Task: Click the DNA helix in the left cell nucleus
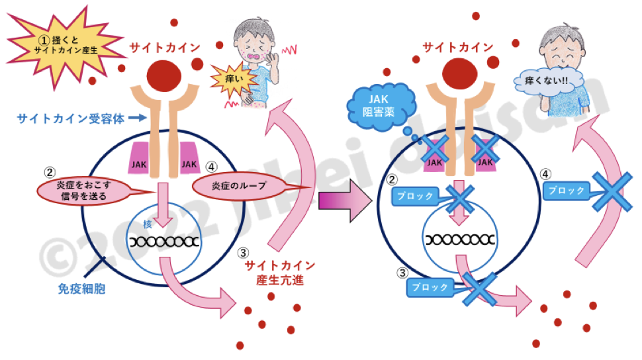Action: [164, 241]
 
